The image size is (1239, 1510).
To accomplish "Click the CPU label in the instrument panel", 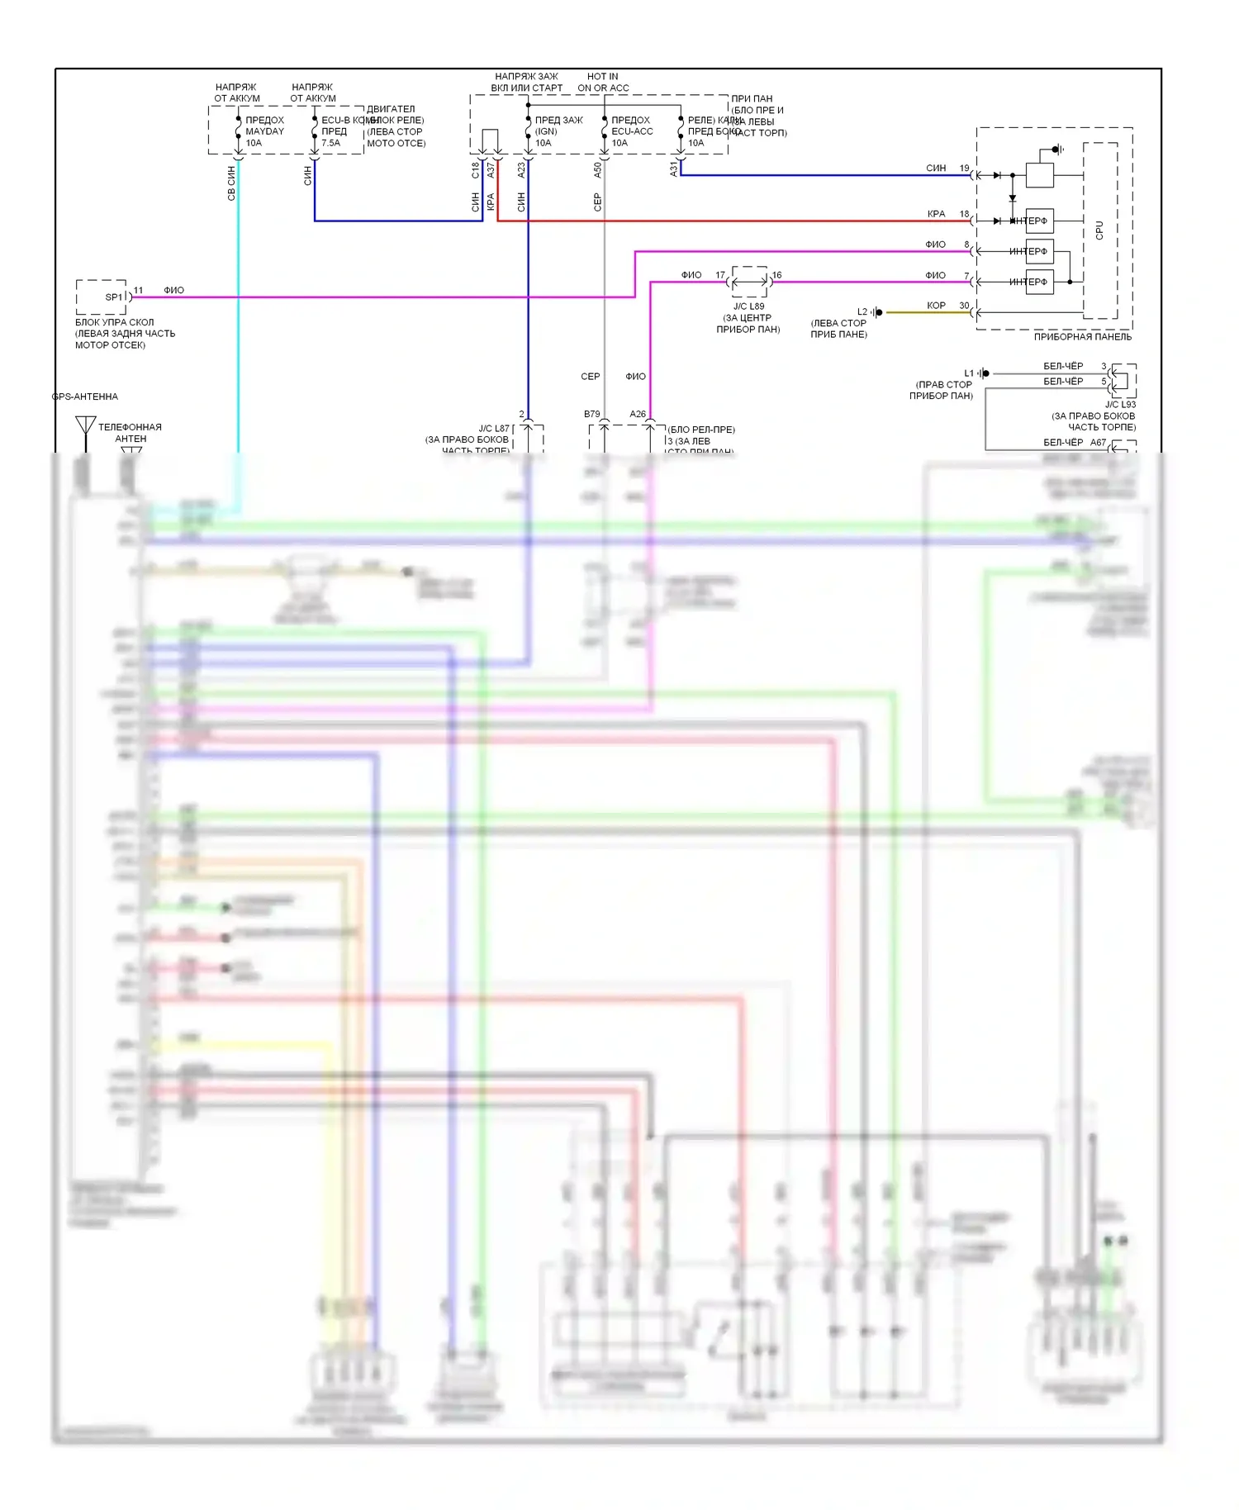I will (1099, 230).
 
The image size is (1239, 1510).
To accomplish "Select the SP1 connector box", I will (102, 297).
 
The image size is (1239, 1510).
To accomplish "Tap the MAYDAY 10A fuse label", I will (264, 131).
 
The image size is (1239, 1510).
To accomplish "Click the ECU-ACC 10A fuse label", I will (632, 131).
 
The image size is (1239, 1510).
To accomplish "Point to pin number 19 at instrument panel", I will (964, 168).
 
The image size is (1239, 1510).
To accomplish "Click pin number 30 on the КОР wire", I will (964, 306).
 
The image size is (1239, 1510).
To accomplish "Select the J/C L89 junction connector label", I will (748, 306).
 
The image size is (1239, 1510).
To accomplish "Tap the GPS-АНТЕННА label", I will (85, 396).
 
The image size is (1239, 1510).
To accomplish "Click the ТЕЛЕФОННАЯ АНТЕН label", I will (130, 433).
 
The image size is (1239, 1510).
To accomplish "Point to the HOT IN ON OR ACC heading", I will (603, 82).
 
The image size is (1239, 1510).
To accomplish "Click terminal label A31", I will (673, 169).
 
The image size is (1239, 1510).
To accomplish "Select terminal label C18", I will (475, 170).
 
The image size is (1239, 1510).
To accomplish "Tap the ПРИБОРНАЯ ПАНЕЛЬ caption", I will (1082, 337).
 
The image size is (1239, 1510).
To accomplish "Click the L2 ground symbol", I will (877, 312).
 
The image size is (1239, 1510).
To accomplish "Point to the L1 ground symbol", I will (984, 373).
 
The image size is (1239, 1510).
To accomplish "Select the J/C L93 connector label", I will (1120, 404).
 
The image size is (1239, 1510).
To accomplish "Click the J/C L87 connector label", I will (494, 428).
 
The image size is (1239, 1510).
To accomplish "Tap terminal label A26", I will (637, 414).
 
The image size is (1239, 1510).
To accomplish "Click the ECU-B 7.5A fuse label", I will (335, 131).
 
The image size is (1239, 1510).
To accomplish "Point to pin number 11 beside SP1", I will (138, 290).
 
